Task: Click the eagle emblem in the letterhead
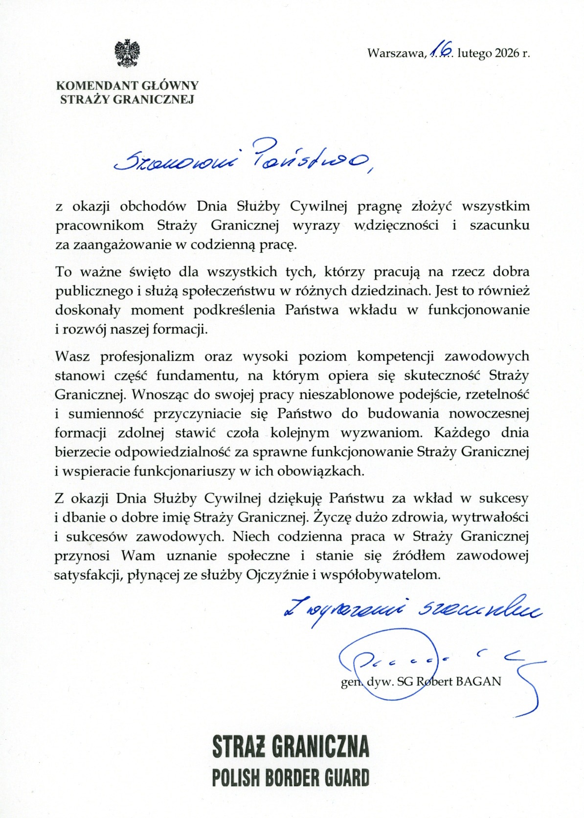pyautogui.click(x=127, y=53)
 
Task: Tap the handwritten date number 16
pyautogui.click(x=442, y=51)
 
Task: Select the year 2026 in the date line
pyautogui.click(x=506, y=53)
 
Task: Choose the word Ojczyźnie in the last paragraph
pyautogui.click(x=278, y=575)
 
